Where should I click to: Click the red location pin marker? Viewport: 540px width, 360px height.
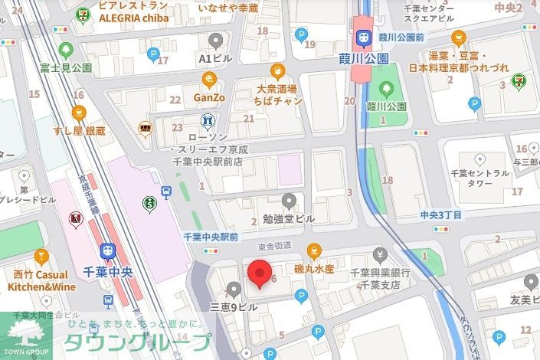point(260,272)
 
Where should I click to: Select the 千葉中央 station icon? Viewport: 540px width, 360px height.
point(108,251)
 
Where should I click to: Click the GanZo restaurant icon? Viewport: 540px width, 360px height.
point(208,80)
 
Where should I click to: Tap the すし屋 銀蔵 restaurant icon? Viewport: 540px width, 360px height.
point(78,113)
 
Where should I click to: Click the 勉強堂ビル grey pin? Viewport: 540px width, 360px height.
point(289,201)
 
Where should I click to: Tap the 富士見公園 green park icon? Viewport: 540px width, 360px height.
point(66,51)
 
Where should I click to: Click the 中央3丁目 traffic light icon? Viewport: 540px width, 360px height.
point(440,228)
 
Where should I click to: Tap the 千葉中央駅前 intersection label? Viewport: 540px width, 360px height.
point(211,237)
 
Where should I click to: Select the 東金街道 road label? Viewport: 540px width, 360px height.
point(275,246)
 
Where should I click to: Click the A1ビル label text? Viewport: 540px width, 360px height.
point(215,57)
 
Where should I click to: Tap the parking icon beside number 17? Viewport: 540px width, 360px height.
point(153,54)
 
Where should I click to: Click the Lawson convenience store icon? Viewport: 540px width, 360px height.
point(206,121)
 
